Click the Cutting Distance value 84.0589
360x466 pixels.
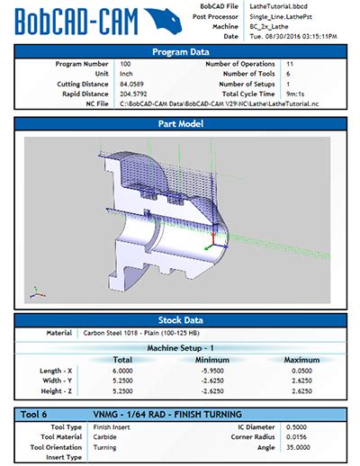coord(134,85)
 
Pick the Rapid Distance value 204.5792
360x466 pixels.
coord(136,94)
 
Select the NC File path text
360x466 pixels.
coord(216,104)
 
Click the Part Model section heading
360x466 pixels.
coord(180,123)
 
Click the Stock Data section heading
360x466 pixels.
coord(180,320)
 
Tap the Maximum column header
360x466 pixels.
coord(301,359)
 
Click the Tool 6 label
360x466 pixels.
coord(37,414)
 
